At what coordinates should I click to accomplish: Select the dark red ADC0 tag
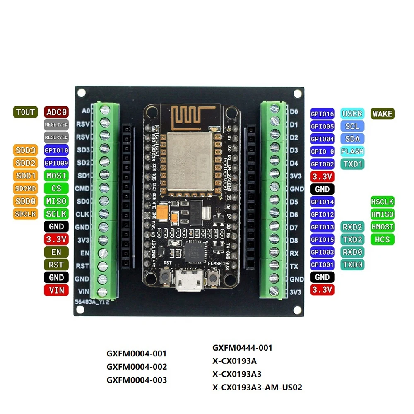tap(56, 112)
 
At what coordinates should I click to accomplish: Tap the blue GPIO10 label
tap(56, 150)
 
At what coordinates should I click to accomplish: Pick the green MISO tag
tap(56, 201)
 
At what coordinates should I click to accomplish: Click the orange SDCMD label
tap(26, 188)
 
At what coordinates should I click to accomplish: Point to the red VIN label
tap(56, 290)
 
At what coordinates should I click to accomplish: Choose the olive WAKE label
tap(382, 113)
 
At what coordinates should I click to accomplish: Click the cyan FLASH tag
tap(352, 151)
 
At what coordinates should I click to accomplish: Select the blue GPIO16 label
tap(323, 114)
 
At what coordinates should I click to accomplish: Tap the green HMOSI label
tap(382, 227)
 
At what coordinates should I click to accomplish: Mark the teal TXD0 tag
tap(352, 265)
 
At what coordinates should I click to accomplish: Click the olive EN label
tap(56, 252)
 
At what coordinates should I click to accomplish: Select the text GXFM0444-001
tap(243, 348)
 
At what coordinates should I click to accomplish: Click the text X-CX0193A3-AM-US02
tap(257, 388)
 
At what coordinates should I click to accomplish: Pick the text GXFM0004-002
tap(137, 367)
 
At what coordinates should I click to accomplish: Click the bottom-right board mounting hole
tap(297, 310)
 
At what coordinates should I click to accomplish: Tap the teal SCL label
tap(352, 126)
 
